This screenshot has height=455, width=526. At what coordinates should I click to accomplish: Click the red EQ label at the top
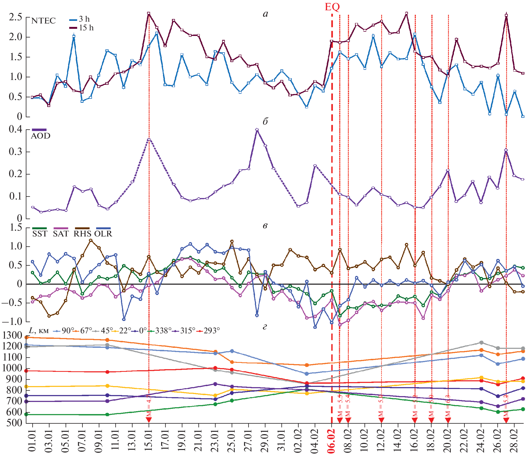click(x=332, y=7)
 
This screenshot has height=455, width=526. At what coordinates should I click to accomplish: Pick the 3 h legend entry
click(x=80, y=19)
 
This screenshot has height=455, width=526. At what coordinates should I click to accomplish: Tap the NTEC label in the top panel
click(x=43, y=21)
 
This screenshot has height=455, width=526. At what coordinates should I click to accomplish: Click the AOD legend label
click(x=41, y=136)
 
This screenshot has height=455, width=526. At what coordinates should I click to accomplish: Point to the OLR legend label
click(x=103, y=234)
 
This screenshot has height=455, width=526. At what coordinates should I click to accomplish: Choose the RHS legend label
click(x=82, y=234)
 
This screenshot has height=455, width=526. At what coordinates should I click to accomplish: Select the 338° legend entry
click(x=160, y=330)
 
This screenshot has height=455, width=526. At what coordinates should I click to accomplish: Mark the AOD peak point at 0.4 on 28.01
click(x=257, y=129)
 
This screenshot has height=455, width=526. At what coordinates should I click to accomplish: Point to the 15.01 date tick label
click(x=149, y=441)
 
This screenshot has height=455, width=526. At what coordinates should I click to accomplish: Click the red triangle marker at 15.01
click(x=149, y=420)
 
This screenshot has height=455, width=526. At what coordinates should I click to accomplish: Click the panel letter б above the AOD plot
click(x=265, y=122)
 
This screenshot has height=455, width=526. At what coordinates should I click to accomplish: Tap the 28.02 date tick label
click(x=514, y=441)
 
